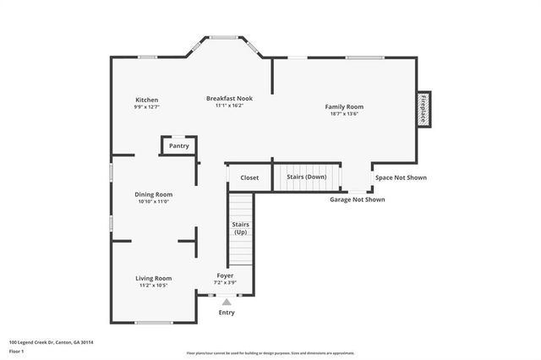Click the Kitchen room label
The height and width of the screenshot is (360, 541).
click(146, 100)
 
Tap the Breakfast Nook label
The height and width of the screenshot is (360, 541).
click(229, 98)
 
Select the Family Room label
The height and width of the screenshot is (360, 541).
click(344, 106)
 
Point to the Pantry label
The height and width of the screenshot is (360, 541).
click(178, 145)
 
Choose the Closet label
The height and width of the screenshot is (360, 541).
click(249, 177)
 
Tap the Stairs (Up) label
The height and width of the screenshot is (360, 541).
click(240, 227)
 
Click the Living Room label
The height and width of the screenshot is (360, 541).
click(154, 278)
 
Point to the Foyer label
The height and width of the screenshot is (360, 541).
click(226, 275)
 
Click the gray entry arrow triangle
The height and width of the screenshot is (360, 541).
click(226, 301)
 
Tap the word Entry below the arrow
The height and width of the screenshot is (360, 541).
click(226, 313)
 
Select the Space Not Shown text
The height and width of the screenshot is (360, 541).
click(401, 177)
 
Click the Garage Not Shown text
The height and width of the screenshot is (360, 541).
click(357, 199)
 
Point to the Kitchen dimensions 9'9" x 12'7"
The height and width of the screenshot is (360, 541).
click(146, 107)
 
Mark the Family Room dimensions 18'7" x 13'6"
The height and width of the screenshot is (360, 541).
click(344, 114)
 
